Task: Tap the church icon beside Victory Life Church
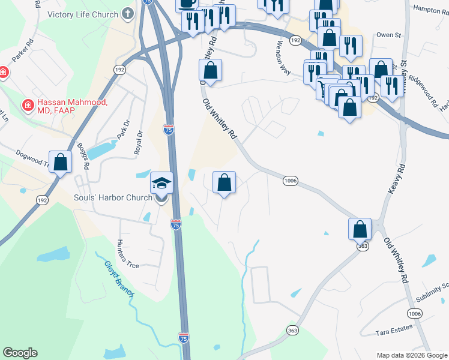coord(127,13)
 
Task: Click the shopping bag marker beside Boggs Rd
coord(60,162)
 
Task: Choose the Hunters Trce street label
coord(128,253)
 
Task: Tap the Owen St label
coord(388,35)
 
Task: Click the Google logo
coord(20,353)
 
